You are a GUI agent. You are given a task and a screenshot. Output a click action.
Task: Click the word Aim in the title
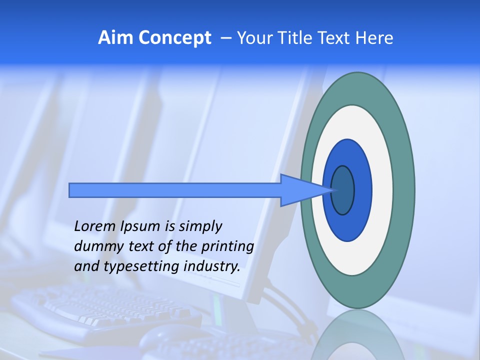pyautogui.click(x=114, y=38)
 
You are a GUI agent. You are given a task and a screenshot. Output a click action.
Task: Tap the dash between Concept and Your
pyautogui.click(x=225, y=38)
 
